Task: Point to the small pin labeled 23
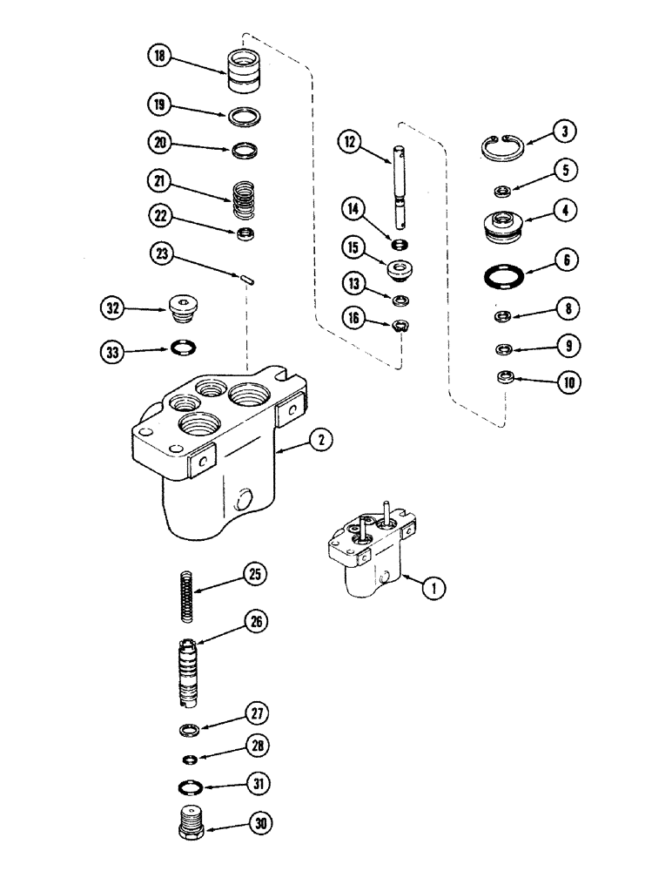(247, 279)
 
